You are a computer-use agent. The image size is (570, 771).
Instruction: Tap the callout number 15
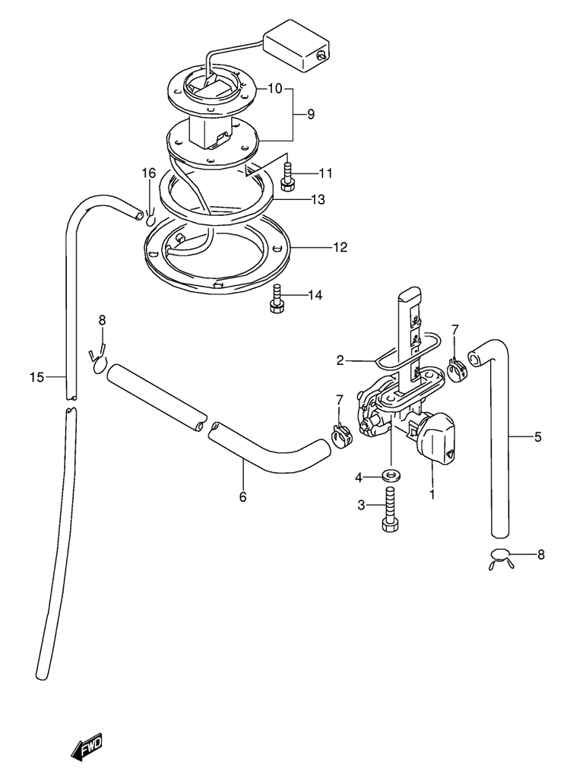tap(36, 378)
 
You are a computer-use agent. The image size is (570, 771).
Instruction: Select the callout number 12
tap(340, 247)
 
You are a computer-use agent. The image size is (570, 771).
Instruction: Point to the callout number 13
tap(318, 200)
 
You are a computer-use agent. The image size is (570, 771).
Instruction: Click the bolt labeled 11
tap(287, 176)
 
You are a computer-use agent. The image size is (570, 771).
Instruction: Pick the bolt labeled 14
tap(277, 298)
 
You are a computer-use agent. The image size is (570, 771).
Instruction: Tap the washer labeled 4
tap(391, 475)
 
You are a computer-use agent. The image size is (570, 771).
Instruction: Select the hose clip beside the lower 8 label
tap(501, 559)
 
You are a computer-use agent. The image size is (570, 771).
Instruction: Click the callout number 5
tap(538, 436)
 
